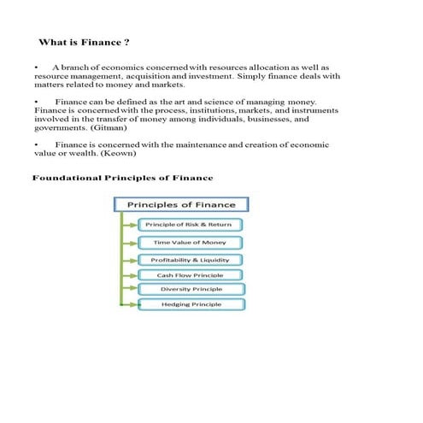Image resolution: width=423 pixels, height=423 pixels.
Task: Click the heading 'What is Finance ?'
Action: coord(85,42)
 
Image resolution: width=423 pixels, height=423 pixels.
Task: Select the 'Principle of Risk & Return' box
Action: coord(189,225)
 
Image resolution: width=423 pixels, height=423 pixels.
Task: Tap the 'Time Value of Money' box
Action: coord(189,243)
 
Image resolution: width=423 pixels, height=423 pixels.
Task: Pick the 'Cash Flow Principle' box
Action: coord(190,275)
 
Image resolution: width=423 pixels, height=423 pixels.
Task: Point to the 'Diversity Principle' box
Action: coord(190,289)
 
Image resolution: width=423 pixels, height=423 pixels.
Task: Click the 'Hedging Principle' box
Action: coord(190,304)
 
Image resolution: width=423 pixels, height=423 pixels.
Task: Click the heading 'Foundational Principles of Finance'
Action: coord(122,178)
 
